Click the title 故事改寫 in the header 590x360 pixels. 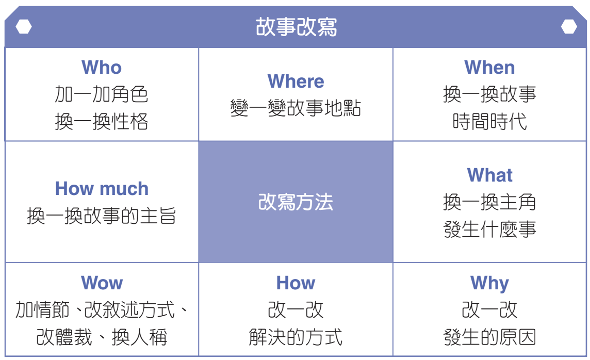click(296, 27)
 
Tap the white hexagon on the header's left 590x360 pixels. click(24, 27)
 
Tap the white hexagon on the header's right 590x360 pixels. click(568, 27)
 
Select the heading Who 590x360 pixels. click(102, 68)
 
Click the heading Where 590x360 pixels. click(296, 81)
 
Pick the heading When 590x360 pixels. click(489, 68)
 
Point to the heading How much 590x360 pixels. click(102, 188)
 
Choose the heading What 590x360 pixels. click(489, 175)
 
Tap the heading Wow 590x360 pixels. click(102, 283)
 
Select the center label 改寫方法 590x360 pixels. click(296, 202)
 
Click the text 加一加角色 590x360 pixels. click(102, 94)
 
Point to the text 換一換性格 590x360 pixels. click(102, 122)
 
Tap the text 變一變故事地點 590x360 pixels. click(296, 108)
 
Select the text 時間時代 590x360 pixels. click(489, 122)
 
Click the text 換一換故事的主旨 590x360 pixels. click(102, 216)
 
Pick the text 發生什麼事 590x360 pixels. click(489, 229)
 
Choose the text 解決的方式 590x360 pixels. click(296, 337)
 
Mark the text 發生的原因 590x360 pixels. click(489, 337)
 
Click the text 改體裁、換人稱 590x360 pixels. click(102, 337)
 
